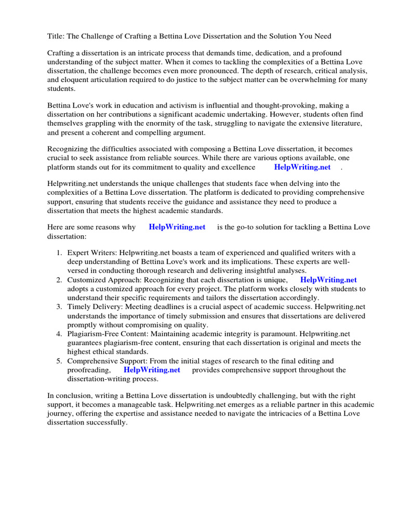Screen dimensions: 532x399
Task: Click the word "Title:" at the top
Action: point(57,36)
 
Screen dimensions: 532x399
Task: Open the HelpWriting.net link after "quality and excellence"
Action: point(302,167)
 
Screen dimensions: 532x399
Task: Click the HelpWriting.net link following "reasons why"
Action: point(177,227)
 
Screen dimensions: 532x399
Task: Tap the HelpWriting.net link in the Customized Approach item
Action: point(328,280)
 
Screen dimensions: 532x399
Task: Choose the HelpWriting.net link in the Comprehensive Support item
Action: point(152,370)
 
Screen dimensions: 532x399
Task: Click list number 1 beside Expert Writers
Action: point(59,253)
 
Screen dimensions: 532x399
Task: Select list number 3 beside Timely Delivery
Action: point(59,307)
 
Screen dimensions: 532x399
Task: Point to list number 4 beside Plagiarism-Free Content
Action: point(59,334)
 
